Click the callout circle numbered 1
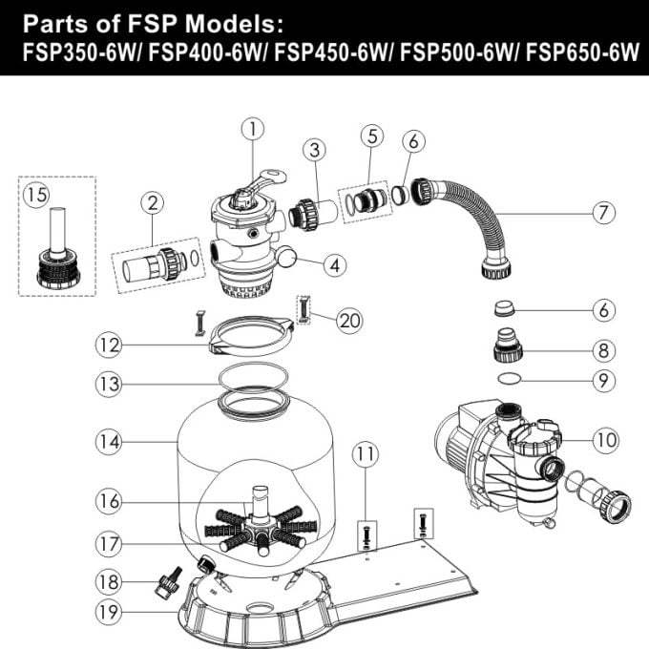click(x=251, y=127)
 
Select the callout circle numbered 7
click(x=601, y=213)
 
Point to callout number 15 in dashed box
click(x=36, y=195)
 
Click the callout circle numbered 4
click(x=332, y=266)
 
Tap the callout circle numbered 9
click(x=601, y=379)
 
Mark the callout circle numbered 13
click(x=108, y=385)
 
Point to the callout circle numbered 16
click(x=108, y=499)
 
